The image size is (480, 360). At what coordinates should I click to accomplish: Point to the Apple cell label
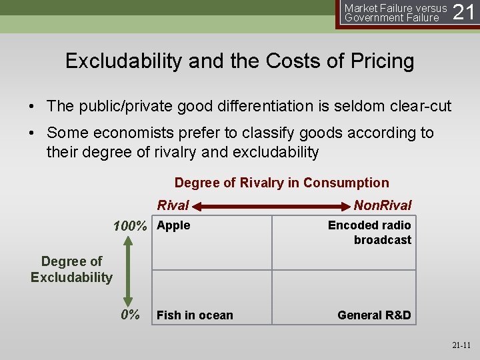click(173, 225)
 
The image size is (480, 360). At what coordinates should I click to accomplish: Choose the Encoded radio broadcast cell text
click(369, 233)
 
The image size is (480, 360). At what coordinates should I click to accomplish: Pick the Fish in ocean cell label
click(195, 315)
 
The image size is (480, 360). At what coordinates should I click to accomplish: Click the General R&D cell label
click(374, 315)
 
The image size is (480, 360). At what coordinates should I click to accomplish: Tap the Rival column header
click(173, 205)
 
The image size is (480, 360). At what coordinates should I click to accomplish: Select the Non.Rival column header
click(383, 205)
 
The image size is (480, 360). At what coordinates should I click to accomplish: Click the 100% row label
click(130, 227)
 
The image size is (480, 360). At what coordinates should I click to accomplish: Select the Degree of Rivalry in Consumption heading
click(281, 183)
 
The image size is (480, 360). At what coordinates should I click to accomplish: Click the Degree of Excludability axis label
click(71, 269)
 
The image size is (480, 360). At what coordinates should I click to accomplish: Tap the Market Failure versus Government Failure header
click(395, 13)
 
